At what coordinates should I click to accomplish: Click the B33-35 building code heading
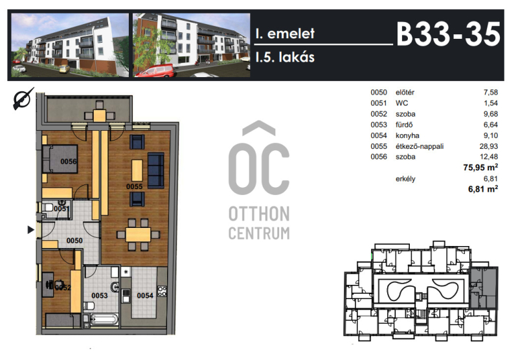click(448, 34)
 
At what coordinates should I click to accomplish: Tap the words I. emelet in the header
click(285, 34)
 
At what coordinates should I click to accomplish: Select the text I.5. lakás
click(285, 57)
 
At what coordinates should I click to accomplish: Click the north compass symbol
click(23, 98)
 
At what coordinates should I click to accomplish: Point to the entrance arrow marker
click(30, 230)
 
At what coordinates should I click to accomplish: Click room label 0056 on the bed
click(69, 161)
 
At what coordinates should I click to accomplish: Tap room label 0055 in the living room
click(134, 186)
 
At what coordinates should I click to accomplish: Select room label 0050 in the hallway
click(74, 240)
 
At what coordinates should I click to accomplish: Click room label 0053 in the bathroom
click(100, 296)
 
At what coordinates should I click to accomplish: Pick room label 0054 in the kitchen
click(145, 296)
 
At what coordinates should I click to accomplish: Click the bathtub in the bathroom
click(104, 320)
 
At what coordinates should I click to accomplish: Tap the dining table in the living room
click(138, 234)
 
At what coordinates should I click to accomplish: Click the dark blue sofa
click(156, 170)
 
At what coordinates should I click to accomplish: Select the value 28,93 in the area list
click(489, 146)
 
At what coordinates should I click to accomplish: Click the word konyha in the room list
click(407, 135)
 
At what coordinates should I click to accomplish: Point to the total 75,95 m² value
click(480, 167)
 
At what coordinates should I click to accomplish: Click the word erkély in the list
click(405, 179)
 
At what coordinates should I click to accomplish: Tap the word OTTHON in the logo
click(259, 214)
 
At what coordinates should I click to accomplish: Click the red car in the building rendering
click(155, 71)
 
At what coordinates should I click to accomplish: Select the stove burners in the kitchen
click(162, 291)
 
